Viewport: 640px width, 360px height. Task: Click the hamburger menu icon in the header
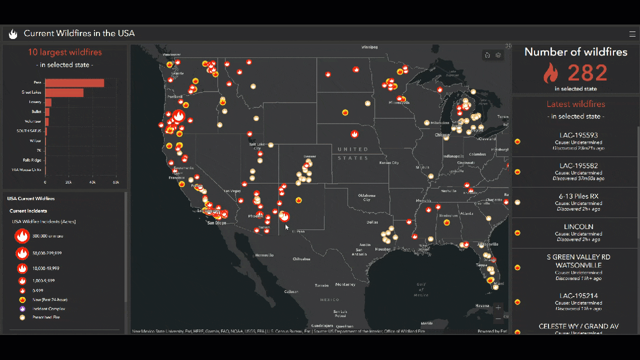[x=632, y=34]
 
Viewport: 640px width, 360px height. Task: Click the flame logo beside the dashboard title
[x=13, y=34]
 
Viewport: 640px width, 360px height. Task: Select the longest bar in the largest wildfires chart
[x=74, y=83]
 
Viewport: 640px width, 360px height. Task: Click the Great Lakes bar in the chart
[x=64, y=92]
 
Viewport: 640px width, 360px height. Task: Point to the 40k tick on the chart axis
[x=92, y=182]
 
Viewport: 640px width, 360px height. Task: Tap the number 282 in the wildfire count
[x=587, y=73]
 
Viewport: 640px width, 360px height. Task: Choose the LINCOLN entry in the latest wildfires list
[x=578, y=232]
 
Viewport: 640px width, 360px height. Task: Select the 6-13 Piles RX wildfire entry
[x=578, y=202]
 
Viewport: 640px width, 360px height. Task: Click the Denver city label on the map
[x=309, y=156]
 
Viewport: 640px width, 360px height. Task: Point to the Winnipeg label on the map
[x=369, y=47]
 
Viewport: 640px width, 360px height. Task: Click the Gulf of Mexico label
[x=420, y=289]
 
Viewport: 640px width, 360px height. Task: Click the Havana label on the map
[x=482, y=305]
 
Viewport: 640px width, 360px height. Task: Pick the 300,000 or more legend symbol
[x=22, y=236]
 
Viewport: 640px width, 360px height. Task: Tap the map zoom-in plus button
[x=498, y=307]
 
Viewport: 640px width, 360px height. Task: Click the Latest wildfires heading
[x=575, y=104]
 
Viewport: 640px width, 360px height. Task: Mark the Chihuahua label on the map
[x=301, y=259]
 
